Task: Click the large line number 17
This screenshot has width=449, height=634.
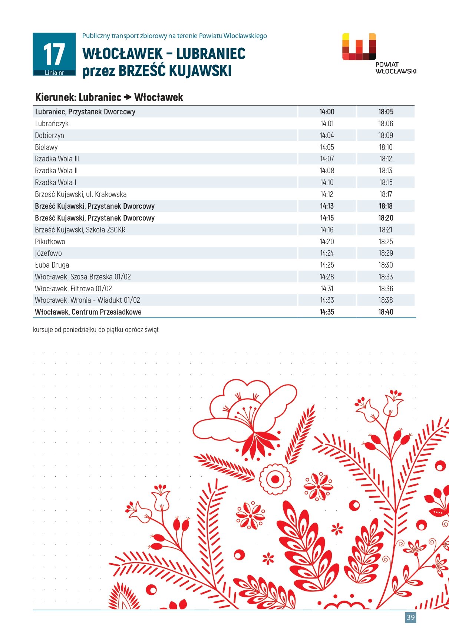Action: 54,54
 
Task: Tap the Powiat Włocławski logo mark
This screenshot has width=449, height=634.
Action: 359,47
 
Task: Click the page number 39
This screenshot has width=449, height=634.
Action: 410,617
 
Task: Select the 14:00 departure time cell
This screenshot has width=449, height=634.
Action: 327,112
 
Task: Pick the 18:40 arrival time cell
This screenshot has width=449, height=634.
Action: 386,312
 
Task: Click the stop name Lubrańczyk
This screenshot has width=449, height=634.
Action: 52,124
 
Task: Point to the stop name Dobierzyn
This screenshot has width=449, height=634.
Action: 49,135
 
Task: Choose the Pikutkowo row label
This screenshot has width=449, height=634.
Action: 50,242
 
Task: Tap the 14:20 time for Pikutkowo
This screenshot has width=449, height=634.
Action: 327,242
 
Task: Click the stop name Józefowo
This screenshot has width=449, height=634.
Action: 48,253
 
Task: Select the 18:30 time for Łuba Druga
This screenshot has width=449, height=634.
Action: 386,265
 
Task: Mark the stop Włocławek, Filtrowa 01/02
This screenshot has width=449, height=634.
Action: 73,289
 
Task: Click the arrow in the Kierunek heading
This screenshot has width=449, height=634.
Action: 128,97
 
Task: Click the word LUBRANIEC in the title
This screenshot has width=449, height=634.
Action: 211,54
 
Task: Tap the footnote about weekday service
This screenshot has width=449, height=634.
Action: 96,329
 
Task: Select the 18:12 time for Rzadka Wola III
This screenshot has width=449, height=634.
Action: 386,159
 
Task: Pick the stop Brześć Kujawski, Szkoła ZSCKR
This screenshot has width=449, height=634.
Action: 80,230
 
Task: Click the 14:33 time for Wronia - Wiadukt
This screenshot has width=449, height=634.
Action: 327,300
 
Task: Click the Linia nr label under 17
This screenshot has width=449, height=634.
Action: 54,73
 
